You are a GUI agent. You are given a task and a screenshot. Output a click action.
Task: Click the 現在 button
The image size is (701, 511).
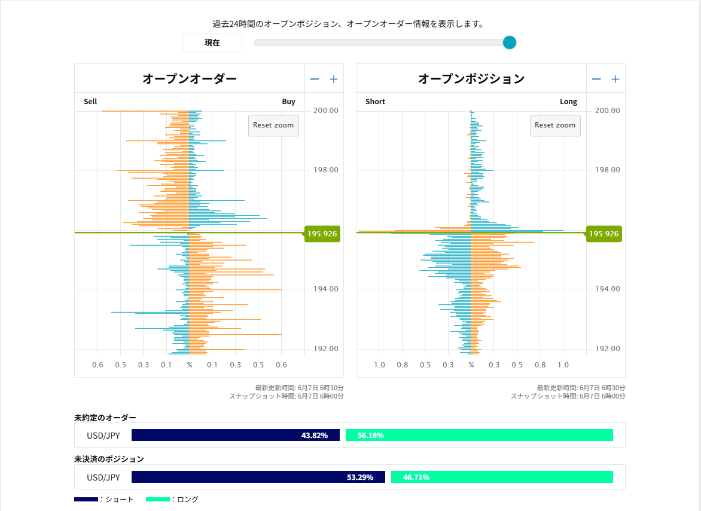(x=212, y=42)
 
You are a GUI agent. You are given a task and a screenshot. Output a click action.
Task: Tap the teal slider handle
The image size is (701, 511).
(x=509, y=42)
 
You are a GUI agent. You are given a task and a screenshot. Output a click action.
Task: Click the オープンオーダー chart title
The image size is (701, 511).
(x=189, y=78)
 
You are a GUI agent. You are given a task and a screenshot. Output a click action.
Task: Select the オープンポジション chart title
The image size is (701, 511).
(x=471, y=78)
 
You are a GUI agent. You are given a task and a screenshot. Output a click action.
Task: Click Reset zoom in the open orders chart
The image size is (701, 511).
(x=273, y=126)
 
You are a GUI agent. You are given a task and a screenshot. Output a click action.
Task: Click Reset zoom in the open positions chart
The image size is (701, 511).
(x=555, y=126)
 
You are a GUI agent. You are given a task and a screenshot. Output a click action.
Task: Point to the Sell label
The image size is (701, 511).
(x=90, y=102)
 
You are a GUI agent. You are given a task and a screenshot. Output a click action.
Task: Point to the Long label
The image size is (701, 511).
(x=568, y=102)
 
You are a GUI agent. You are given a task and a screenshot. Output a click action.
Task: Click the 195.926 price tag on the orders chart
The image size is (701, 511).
(x=322, y=234)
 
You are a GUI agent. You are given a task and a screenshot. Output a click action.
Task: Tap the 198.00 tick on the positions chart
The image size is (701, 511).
(x=608, y=170)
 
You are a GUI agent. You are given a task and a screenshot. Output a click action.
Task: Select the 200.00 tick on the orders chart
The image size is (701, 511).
(x=326, y=111)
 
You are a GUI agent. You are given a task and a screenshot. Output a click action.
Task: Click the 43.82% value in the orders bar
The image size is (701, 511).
(x=315, y=436)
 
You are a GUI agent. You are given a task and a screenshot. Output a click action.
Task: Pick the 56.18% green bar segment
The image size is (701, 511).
(x=479, y=436)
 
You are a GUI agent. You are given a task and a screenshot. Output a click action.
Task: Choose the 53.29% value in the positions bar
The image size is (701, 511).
(x=360, y=477)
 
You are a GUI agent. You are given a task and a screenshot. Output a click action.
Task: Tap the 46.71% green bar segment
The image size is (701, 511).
(x=502, y=477)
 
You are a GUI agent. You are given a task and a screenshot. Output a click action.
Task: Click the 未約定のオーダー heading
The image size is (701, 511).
(x=105, y=417)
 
